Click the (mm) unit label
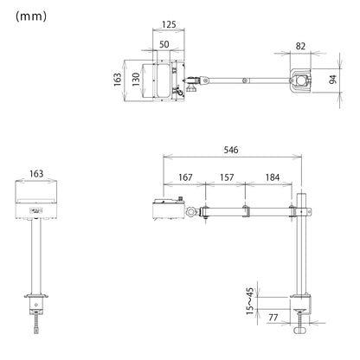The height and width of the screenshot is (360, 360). point(31,16)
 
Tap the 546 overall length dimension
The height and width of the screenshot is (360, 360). point(231,150)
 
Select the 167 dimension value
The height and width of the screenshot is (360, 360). point(185,177)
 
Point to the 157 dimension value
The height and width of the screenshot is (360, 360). point(227,177)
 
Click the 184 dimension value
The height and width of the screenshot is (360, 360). point(273,177)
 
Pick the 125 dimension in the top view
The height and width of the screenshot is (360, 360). point(169,24)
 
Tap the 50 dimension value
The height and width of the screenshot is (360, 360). point(164,44)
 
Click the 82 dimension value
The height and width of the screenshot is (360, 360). point(300,46)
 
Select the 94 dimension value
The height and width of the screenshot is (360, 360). point(333,80)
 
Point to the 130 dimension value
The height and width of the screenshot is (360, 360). point(136,80)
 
